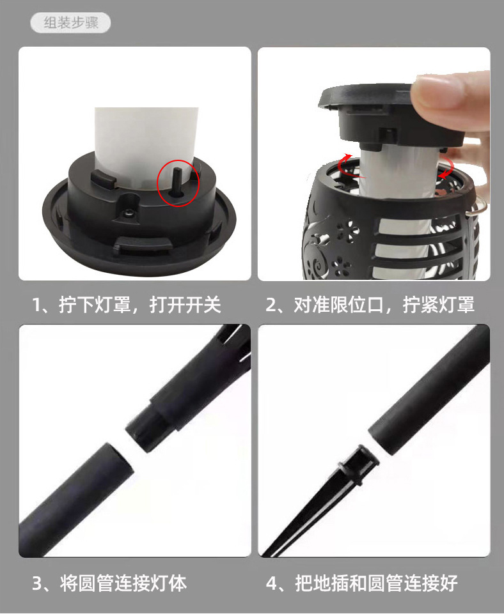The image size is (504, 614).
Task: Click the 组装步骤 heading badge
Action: tap(70, 23)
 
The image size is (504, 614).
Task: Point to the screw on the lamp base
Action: tap(130, 213)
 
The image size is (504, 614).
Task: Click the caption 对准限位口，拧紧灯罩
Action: tap(370, 305)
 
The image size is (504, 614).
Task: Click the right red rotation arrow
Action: tap(445, 168)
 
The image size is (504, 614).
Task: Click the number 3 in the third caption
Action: tap(38, 583)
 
